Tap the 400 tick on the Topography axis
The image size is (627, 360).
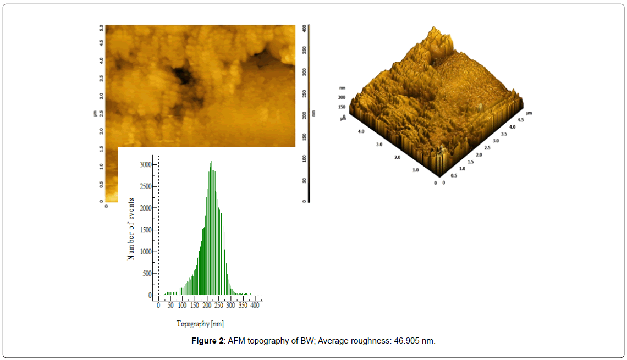[x=255, y=306]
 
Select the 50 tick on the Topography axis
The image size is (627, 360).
[x=170, y=306]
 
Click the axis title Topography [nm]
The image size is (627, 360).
[x=200, y=324]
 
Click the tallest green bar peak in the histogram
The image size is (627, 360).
[x=211, y=162]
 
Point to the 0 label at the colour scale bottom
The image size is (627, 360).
[x=304, y=201]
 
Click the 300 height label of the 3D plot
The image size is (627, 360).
[x=342, y=97]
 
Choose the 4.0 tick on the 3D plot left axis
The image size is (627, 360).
[x=361, y=131]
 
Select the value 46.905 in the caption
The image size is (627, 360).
[x=408, y=341]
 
